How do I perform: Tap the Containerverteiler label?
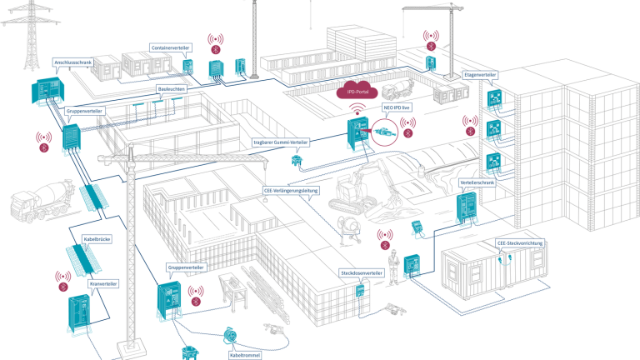click(x=172, y=47)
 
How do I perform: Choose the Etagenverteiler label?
click(x=481, y=75)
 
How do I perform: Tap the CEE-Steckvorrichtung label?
click(x=521, y=243)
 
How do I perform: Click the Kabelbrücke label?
click(x=97, y=239)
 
